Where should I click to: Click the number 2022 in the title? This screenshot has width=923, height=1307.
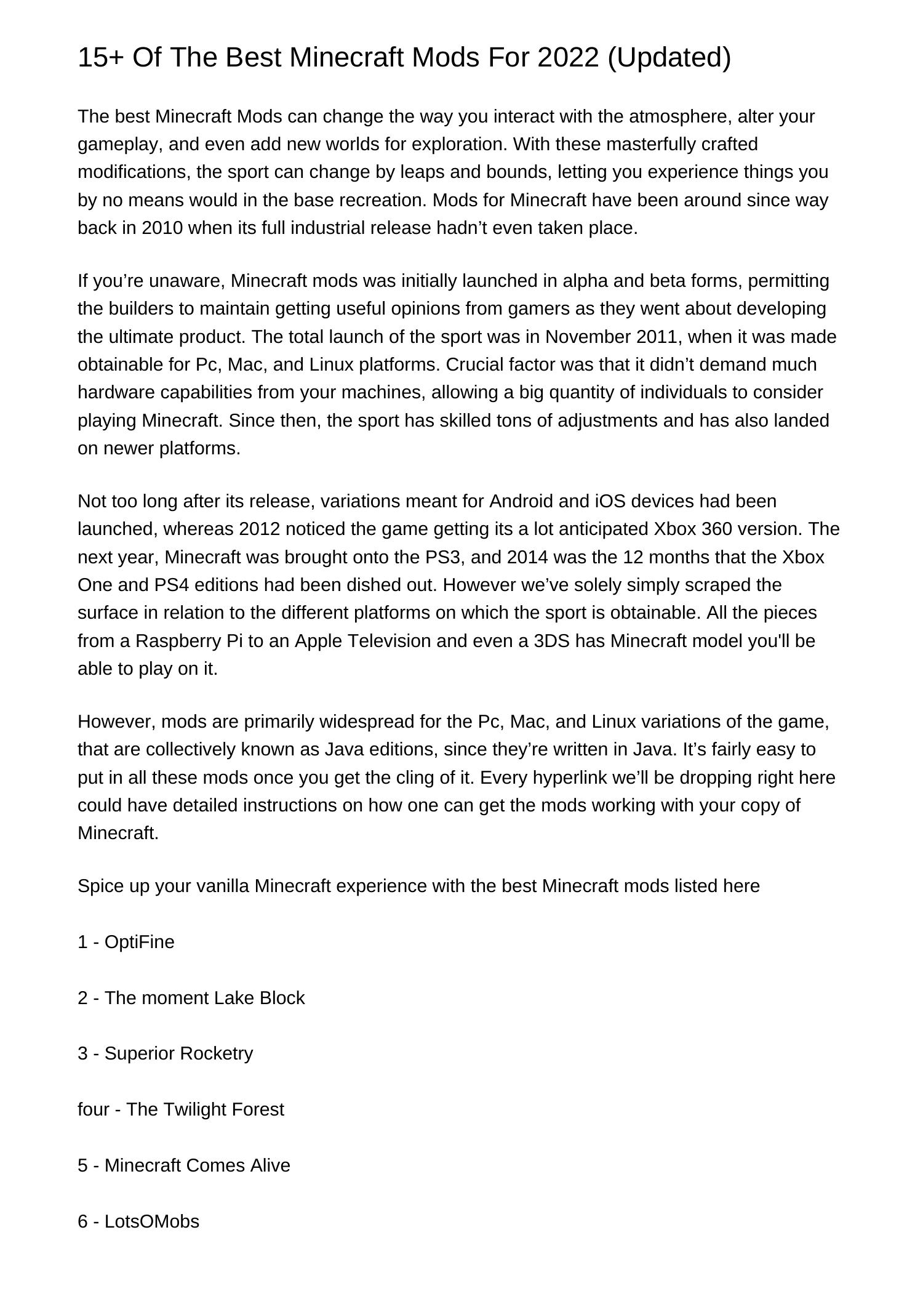pos(567,58)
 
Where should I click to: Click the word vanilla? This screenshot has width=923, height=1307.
pos(223,886)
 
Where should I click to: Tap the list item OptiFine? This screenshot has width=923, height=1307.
pos(140,942)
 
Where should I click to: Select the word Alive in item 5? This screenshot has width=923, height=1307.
pos(270,1165)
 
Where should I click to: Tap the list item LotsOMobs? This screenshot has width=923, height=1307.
pos(152,1221)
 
